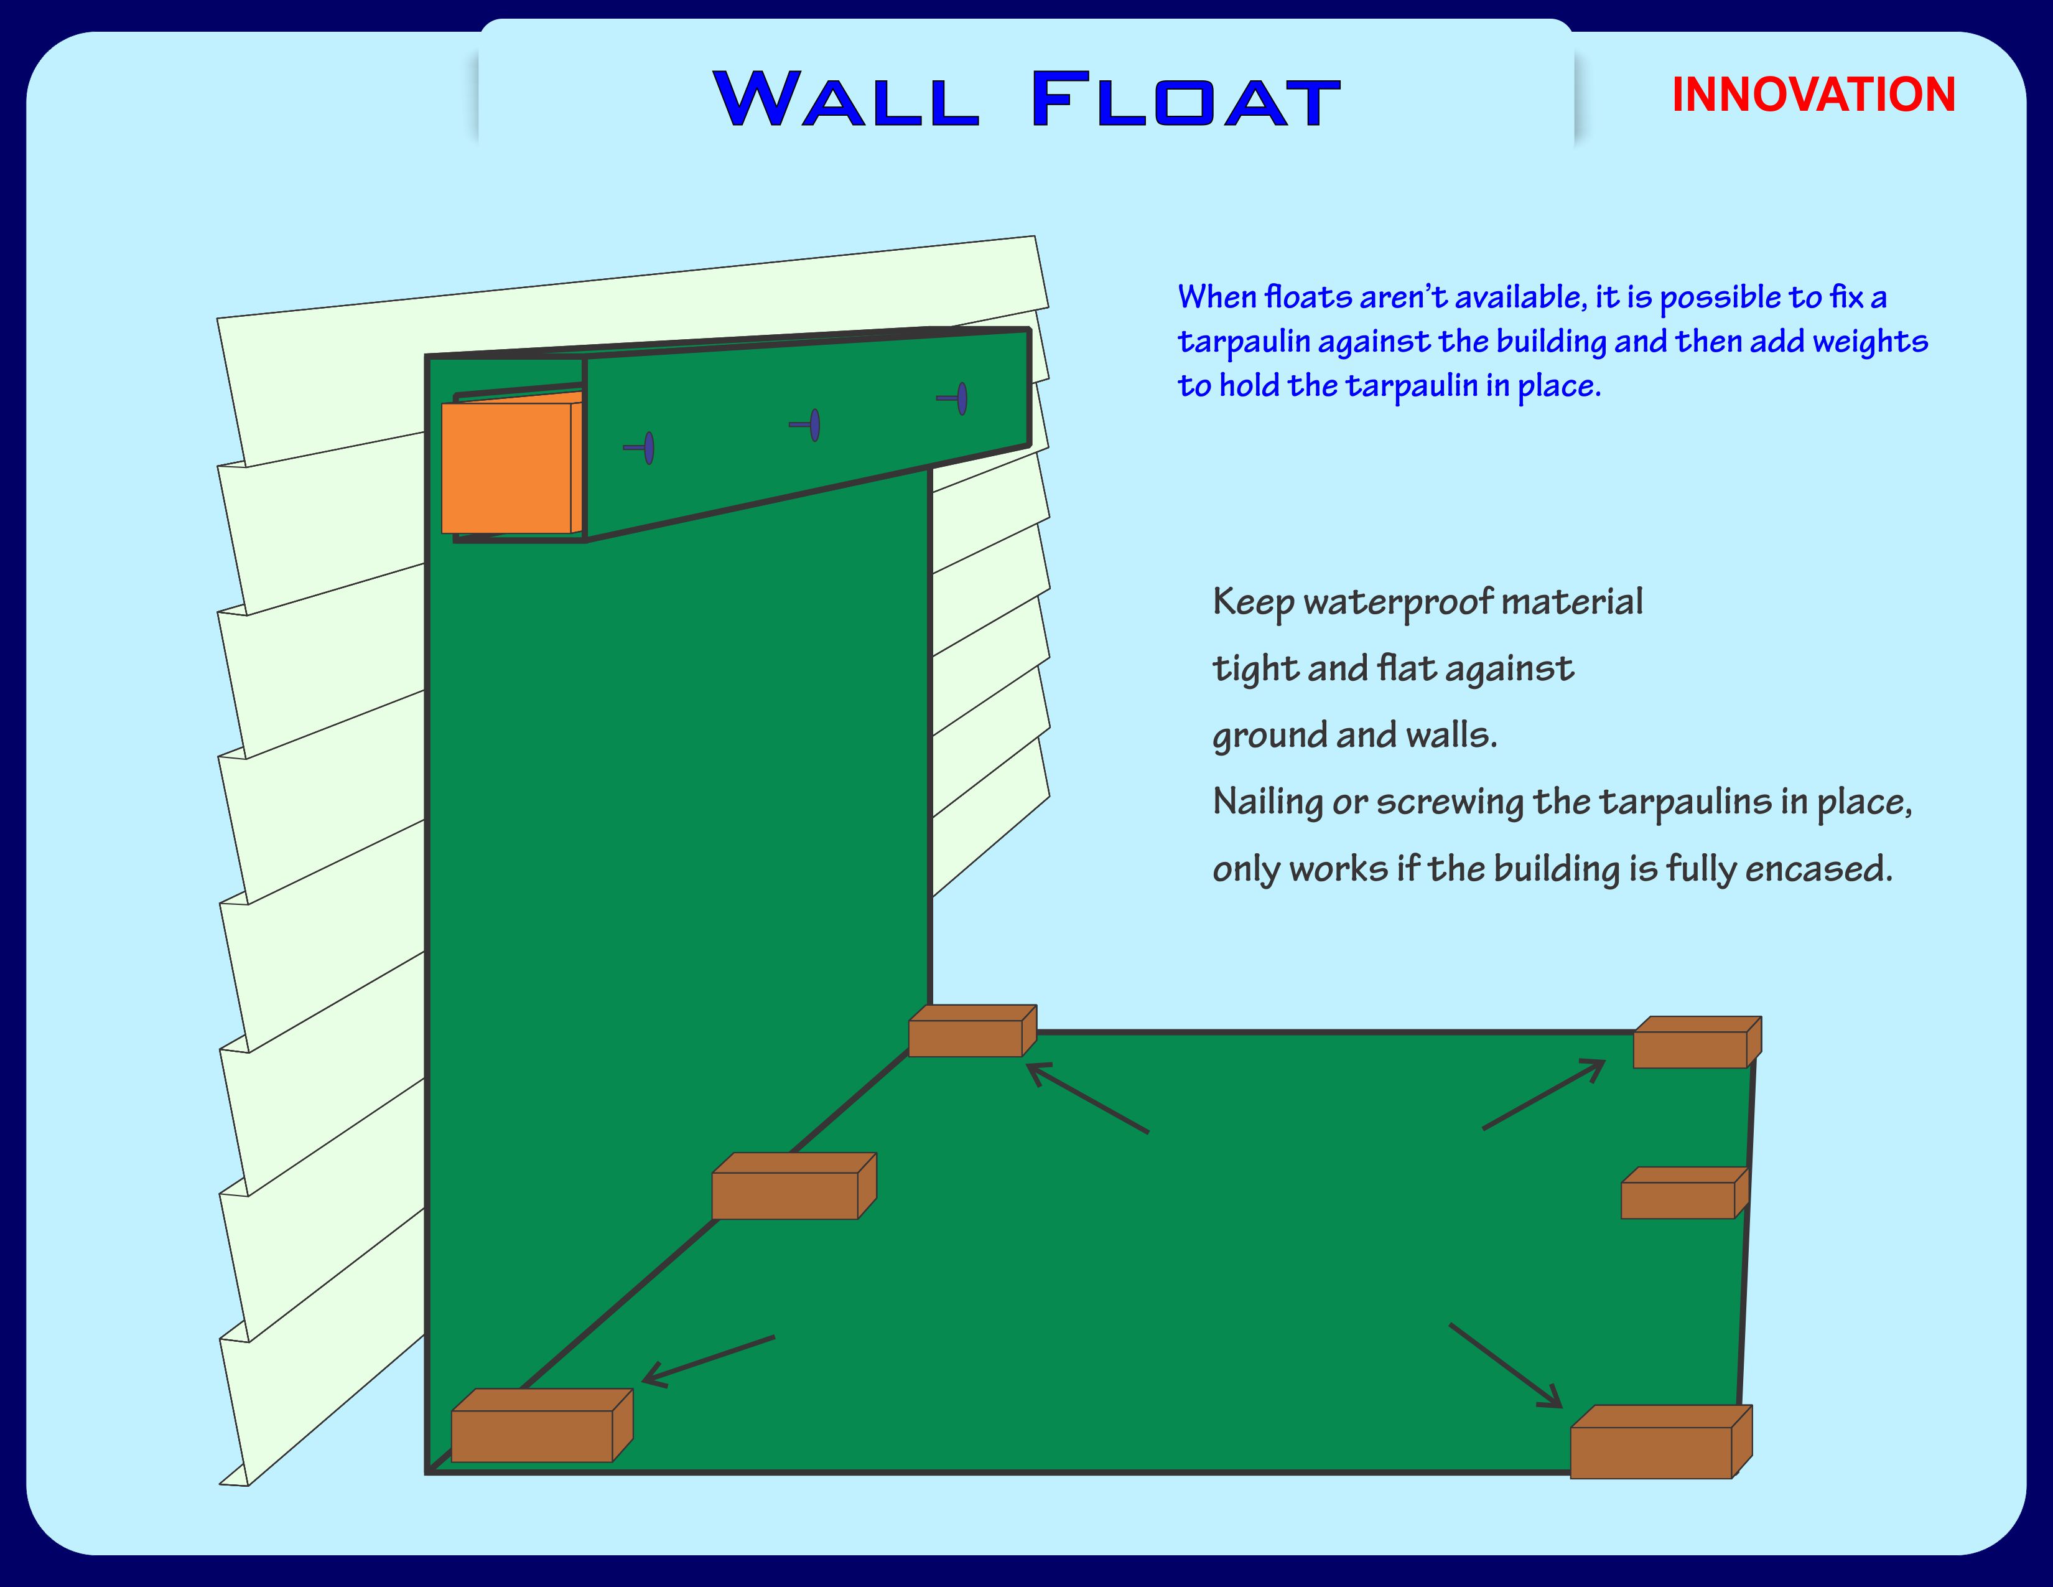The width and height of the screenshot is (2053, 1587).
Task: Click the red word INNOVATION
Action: (x=1813, y=95)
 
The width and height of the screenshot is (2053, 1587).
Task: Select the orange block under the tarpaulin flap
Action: (x=512, y=464)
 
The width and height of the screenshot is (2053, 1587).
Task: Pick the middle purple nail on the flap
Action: (x=806, y=425)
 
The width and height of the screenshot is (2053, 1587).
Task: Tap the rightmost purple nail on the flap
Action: (x=954, y=399)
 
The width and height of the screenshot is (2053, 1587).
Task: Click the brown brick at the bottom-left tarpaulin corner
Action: (x=541, y=1425)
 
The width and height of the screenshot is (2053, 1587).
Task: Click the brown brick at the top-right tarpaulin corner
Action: (x=1697, y=1042)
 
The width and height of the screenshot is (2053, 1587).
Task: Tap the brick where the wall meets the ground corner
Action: (x=972, y=1031)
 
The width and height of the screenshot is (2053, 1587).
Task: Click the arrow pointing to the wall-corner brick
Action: (x=1087, y=1098)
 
